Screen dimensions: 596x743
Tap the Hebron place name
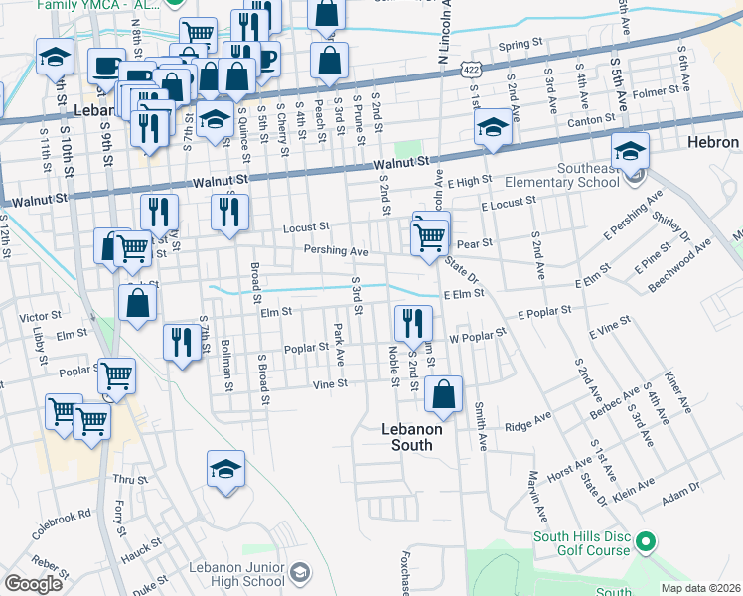pyautogui.click(x=713, y=143)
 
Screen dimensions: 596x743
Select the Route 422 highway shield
pyautogui.click(x=471, y=69)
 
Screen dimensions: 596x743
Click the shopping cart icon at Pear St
pyautogui.click(x=429, y=237)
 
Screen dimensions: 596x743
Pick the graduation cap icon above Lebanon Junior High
pyautogui.click(x=226, y=469)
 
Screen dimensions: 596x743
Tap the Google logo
pyautogui.click(x=33, y=584)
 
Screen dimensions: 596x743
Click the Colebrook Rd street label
pyautogui.click(x=61, y=523)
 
